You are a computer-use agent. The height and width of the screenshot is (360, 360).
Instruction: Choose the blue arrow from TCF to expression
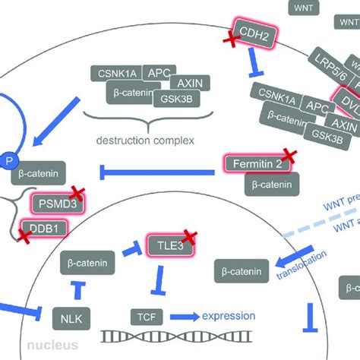187,315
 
